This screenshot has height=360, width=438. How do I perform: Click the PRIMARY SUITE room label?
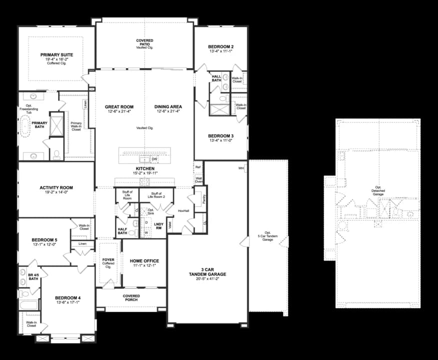(56, 54)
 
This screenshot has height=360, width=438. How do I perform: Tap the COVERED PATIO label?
(144, 41)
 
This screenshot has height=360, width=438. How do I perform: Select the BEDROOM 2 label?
(221, 47)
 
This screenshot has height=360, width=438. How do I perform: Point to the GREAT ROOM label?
(118, 107)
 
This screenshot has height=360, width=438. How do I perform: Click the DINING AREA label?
(168, 107)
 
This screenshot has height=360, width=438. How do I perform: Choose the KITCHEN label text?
(144, 169)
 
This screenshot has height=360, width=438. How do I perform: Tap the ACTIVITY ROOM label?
(56, 188)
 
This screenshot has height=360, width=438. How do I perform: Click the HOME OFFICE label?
(144, 261)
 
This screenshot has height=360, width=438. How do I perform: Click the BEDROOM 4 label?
(67, 298)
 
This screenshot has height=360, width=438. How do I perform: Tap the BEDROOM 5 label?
(45, 240)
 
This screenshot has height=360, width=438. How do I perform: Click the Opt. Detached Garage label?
(378, 190)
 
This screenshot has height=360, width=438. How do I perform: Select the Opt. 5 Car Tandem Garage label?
(267, 236)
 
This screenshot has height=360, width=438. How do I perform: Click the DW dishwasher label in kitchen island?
(154, 159)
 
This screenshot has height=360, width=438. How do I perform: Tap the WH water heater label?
(241, 168)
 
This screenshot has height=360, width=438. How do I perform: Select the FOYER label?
(108, 260)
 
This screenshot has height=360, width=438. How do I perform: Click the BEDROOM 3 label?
(221, 136)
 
